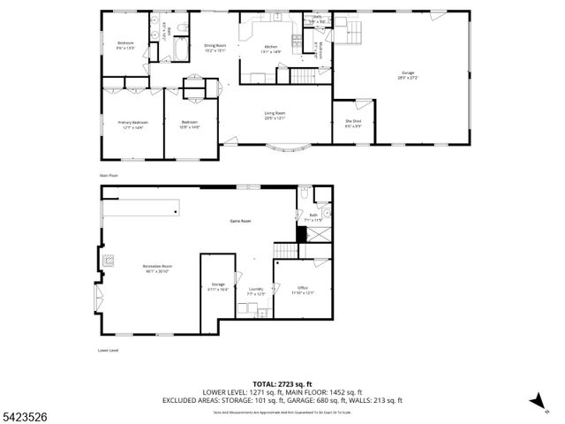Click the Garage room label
tap(407, 74)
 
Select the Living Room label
tap(275, 115)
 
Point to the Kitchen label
tap(271, 49)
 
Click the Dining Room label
tap(215, 48)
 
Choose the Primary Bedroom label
tap(131, 125)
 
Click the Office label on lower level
tap(302, 289)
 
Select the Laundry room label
tap(256, 291)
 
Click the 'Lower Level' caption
tap(108, 351)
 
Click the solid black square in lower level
tap(301, 234)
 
